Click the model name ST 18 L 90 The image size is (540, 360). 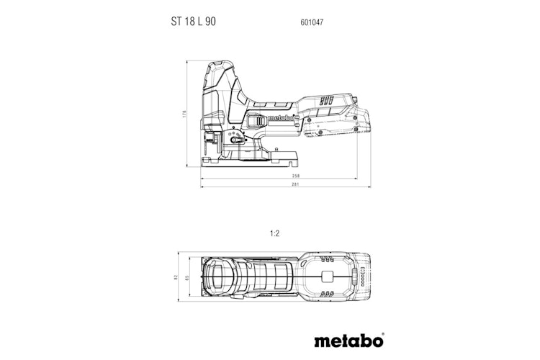(x=193, y=22)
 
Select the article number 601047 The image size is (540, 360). (x=311, y=22)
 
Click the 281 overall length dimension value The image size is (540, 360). (x=285, y=185)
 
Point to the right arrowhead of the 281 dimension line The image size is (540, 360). (x=369, y=185)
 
